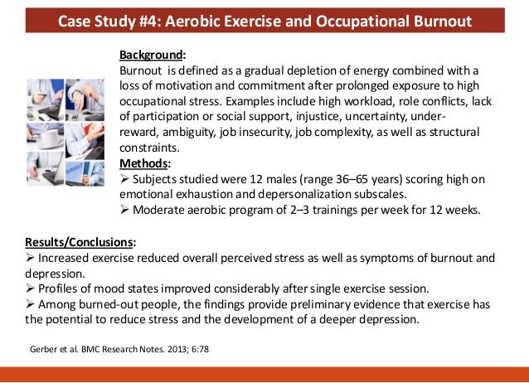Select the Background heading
[x=150, y=56]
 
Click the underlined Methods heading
[x=144, y=162]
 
